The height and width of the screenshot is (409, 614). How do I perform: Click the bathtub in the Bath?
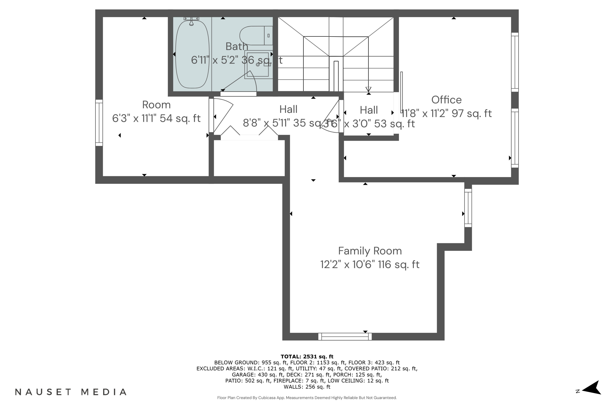pyautogui.click(x=192, y=54)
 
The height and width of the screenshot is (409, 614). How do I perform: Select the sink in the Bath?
pyautogui.click(x=258, y=65)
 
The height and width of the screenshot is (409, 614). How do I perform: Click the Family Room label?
pyautogui.click(x=370, y=251)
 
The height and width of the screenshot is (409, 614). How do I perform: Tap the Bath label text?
pyautogui.click(x=237, y=46)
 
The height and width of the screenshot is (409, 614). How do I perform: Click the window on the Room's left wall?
pyautogui.click(x=99, y=122)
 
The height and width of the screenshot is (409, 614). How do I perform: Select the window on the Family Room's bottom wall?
pyautogui.click(x=345, y=336)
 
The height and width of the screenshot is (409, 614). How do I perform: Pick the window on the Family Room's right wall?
pyautogui.click(x=468, y=208)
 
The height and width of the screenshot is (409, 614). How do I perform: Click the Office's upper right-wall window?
pyautogui.click(x=515, y=62)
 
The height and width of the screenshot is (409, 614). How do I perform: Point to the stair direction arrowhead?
pyautogui.click(x=368, y=89)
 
